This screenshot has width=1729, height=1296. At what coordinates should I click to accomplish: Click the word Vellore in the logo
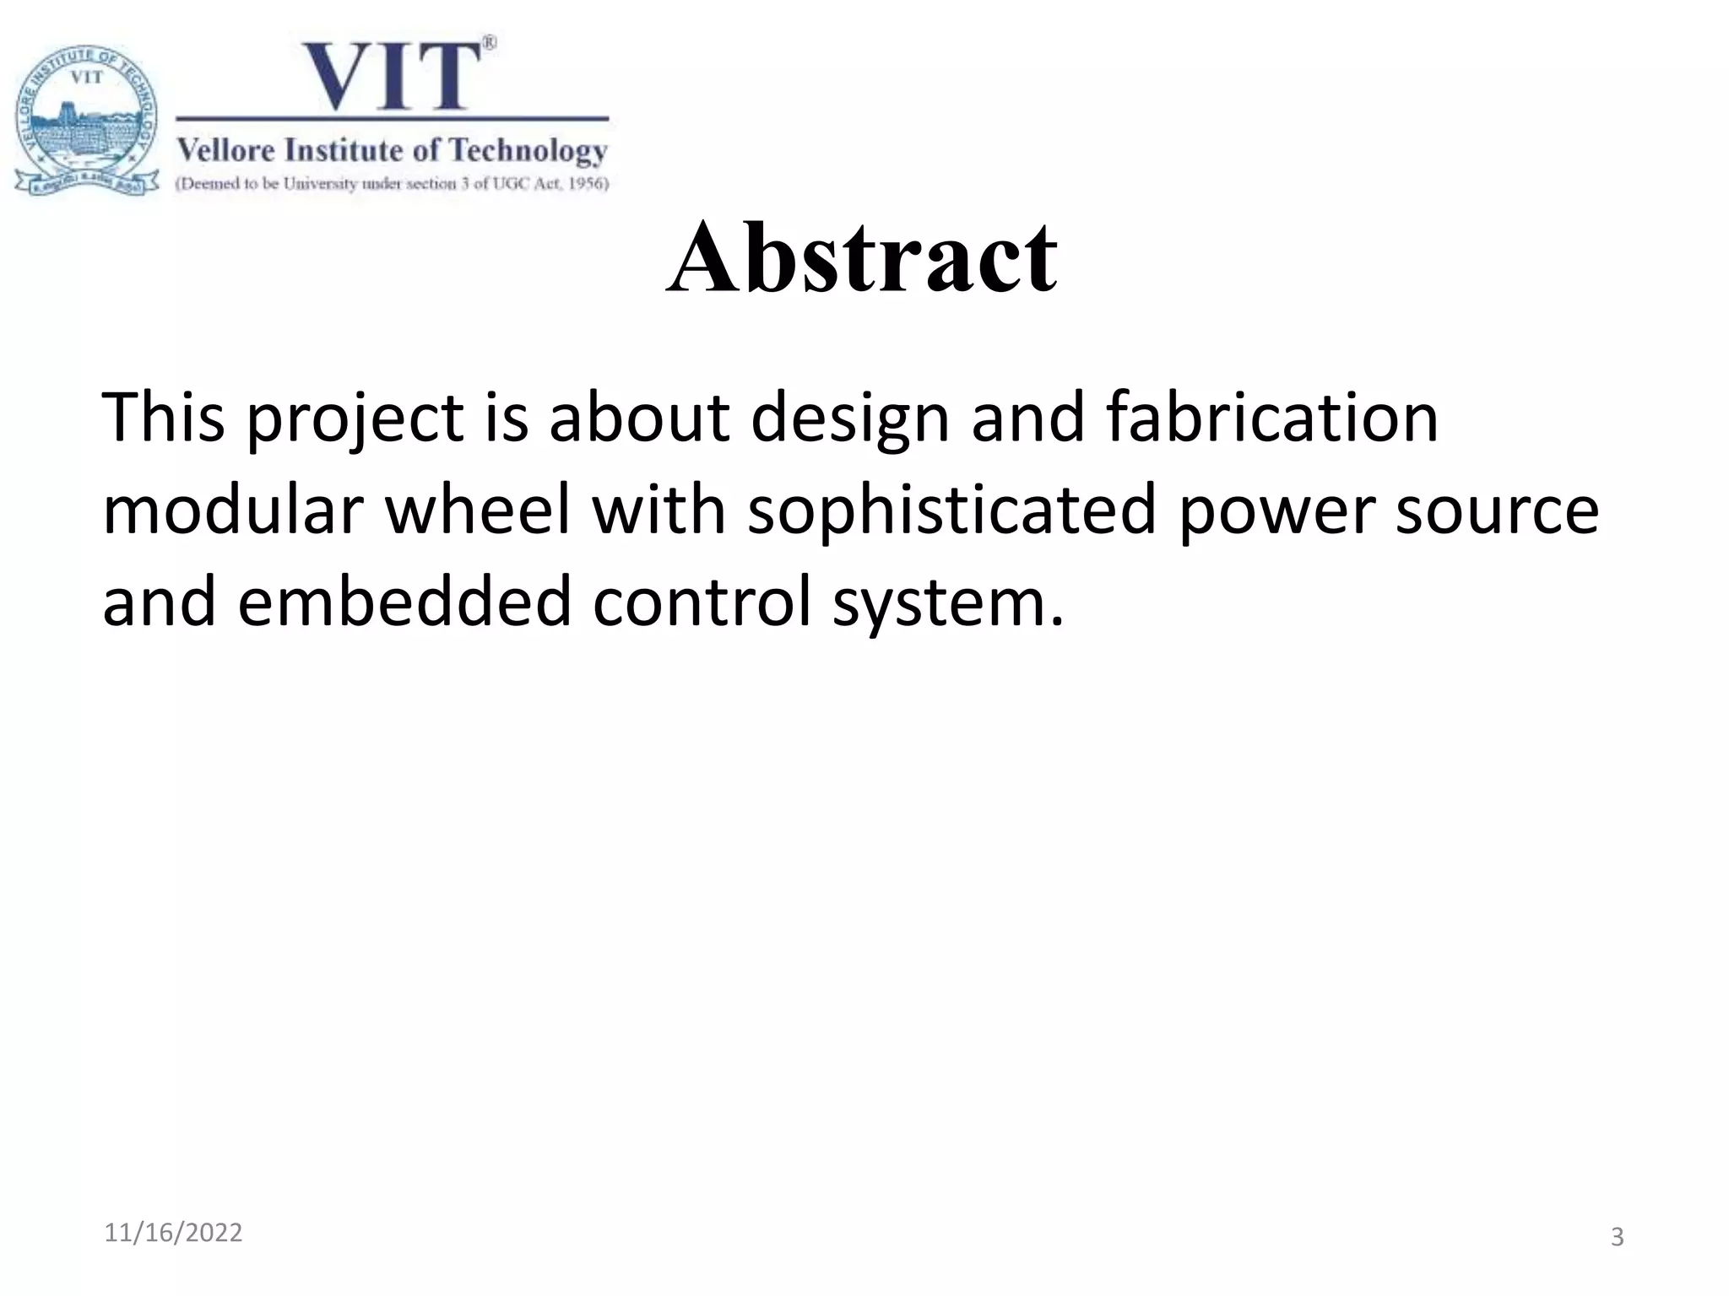[x=226, y=151]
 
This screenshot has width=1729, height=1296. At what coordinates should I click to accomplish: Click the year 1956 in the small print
[x=585, y=183]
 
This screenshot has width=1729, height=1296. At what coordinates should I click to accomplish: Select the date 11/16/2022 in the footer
[x=173, y=1233]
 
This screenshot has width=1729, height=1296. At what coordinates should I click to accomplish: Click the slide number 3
[x=1617, y=1237]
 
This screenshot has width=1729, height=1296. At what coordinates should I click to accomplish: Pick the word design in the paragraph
[x=850, y=420]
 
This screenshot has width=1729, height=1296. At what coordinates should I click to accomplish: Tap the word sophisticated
[x=951, y=511]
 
